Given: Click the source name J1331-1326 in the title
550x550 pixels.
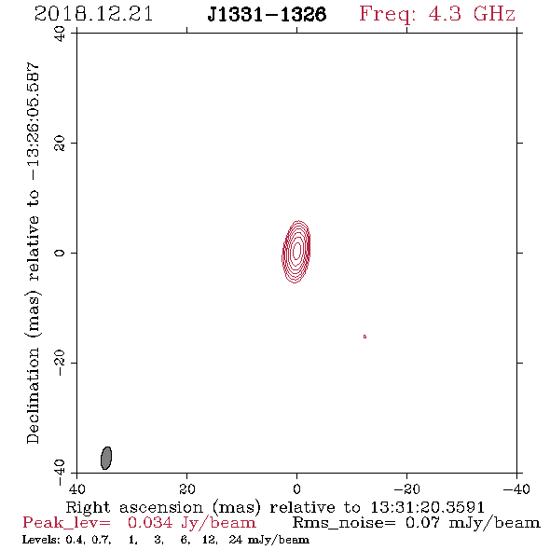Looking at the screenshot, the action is (x=267, y=15).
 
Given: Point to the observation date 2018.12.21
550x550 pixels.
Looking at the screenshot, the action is (x=93, y=15).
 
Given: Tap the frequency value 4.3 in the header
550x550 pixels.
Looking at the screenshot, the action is (x=445, y=14).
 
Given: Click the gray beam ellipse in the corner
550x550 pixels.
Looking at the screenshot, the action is (x=106, y=458).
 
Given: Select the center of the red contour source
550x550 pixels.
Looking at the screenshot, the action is (x=296, y=251).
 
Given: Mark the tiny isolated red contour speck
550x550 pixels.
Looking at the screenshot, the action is (x=364, y=337).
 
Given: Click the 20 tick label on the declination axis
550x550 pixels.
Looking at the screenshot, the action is (x=60, y=144).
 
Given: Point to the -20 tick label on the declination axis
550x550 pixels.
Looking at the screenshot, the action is (x=60, y=363).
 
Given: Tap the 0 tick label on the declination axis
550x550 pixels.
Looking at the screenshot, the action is (x=60, y=253).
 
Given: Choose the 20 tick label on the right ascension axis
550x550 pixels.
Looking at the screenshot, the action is (x=187, y=488).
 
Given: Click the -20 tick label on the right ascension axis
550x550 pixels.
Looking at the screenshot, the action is (x=406, y=488).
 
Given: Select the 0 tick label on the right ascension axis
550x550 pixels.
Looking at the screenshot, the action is (x=296, y=488).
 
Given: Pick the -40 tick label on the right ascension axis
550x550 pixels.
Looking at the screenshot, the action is (x=516, y=488).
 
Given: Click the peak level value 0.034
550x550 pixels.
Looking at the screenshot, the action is (x=150, y=523).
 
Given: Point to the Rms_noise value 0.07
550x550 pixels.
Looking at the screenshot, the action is (x=422, y=523).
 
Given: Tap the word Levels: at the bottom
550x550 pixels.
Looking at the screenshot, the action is (x=42, y=540).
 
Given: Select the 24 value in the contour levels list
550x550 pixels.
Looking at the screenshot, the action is (x=235, y=540).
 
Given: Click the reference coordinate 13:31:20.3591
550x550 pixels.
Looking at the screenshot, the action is (x=427, y=507).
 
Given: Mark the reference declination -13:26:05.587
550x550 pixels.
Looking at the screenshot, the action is (x=33, y=121).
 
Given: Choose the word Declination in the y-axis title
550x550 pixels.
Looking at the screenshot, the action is (x=33, y=395).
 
